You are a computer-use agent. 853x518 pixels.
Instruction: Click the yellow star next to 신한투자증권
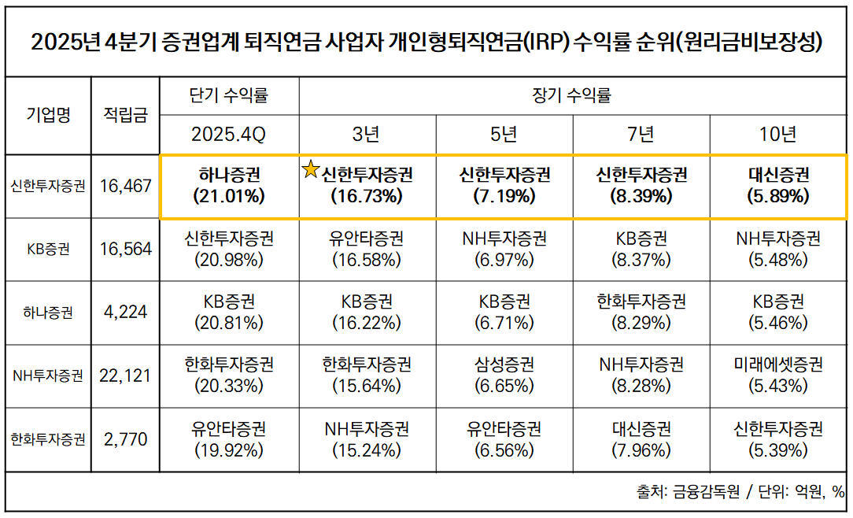coord(312,169)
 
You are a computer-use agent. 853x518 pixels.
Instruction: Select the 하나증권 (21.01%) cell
coord(229,186)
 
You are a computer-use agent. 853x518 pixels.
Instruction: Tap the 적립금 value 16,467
coord(126,187)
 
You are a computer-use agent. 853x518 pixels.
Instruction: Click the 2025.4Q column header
coord(229,135)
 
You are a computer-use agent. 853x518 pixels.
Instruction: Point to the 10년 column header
coord(778,135)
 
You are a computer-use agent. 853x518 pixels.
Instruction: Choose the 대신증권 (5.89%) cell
coord(778,186)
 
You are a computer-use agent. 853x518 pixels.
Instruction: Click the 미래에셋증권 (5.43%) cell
coord(778,376)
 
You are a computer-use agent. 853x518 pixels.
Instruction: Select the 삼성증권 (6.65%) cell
coord(504,376)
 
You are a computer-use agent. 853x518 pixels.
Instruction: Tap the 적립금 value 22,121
coord(126,376)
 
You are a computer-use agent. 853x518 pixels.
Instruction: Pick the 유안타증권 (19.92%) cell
coord(229,439)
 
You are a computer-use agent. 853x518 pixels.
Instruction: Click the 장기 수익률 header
coord(572,96)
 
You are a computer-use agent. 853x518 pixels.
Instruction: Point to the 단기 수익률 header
coord(229,96)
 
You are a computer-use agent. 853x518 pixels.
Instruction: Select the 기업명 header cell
coord(48,115)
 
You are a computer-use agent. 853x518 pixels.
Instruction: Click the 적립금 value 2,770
coord(126,439)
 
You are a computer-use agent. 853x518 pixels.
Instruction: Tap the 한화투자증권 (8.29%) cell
coord(641,312)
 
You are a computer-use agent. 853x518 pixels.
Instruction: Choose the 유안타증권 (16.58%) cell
coord(367,249)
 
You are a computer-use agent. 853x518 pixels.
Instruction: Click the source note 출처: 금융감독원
coord(689,492)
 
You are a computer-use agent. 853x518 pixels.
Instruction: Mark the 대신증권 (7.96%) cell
coord(641,439)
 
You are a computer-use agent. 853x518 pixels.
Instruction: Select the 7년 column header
coord(641,135)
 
